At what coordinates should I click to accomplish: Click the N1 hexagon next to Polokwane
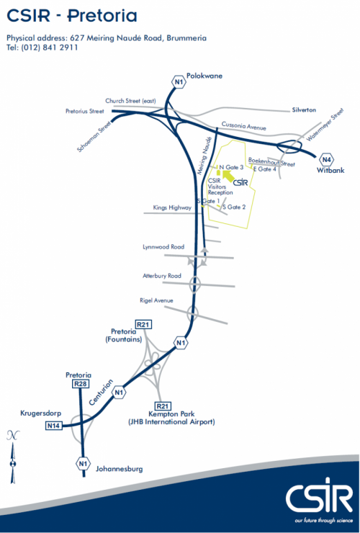point(179,82)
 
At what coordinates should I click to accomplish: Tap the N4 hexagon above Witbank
point(327,159)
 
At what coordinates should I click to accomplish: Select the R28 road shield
point(81,384)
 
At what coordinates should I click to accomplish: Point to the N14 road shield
point(54,425)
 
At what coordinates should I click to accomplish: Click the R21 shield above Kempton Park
point(163,406)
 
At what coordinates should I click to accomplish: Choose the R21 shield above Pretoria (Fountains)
point(143,324)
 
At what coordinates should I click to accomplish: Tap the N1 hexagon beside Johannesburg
point(84,463)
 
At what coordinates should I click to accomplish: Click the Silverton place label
point(304,110)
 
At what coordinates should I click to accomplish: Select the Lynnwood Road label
point(163,247)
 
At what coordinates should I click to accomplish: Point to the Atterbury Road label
point(162,276)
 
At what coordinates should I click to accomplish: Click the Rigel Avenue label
point(156,300)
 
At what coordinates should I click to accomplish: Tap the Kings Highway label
point(172,207)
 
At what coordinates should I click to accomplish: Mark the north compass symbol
point(13,457)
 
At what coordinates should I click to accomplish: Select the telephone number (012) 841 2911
point(49,48)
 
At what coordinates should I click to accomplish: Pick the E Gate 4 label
point(265,169)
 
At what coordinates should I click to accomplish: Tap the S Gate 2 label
point(234,207)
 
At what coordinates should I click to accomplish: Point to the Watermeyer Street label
point(325,125)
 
